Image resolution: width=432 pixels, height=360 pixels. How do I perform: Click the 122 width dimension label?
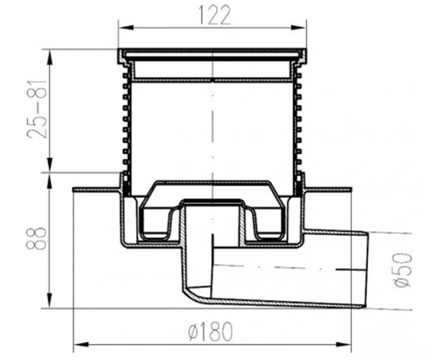214,15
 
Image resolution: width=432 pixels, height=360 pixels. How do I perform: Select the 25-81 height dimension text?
37,109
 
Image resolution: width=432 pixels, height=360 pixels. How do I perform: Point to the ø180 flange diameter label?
211,331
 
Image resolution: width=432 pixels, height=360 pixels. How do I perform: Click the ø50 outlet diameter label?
402,270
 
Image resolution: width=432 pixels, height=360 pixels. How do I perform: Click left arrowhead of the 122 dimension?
125,27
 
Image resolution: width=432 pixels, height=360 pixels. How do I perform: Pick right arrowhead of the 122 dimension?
299,27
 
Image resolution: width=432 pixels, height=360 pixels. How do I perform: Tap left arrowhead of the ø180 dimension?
81,344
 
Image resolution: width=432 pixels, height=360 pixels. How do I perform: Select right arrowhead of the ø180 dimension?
343,344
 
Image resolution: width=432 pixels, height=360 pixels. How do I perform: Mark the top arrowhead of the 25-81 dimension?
50,57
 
